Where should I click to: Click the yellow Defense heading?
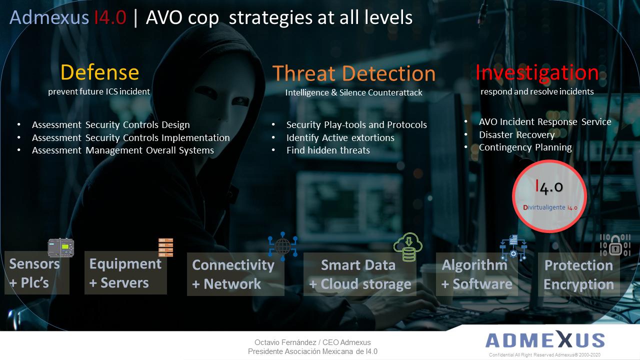pyautogui.click(x=99, y=72)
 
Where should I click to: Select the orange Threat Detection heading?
pyautogui.click(x=353, y=73)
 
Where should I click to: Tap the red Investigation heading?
pyautogui.click(x=537, y=72)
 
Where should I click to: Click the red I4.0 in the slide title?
pyautogui.click(x=110, y=17)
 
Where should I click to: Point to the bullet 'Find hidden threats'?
pyautogui.click(x=328, y=150)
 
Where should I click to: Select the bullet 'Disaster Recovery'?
pyautogui.click(x=516, y=134)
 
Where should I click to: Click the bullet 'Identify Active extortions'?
pyautogui.click(x=340, y=137)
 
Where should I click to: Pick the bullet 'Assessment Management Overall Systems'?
pyautogui.click(x=123, y=150)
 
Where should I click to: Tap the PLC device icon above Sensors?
pyautogui.click(x=61, y=247)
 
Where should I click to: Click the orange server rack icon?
pyautogui.click(x=165, y=247)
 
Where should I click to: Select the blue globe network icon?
pyautogui.click(x=282, y=246)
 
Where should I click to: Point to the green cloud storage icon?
pyautogui.click(x=408, y=247)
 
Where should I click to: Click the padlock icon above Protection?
pyautogui.click(x=615, y=245)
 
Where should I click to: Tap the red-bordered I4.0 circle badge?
pyautogui.click(x=549, y=196)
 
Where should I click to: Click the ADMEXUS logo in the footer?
pyautogui.click(x=545, y=340)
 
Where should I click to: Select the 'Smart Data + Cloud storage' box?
pyautogui.click(x=360, y=274)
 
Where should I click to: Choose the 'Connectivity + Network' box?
pyautogui.click(x=235, y=274)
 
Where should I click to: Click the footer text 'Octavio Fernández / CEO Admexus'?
pyautogui.click(x=312, y=342)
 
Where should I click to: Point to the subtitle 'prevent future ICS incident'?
pyautogui.click(x=99, y=91)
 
